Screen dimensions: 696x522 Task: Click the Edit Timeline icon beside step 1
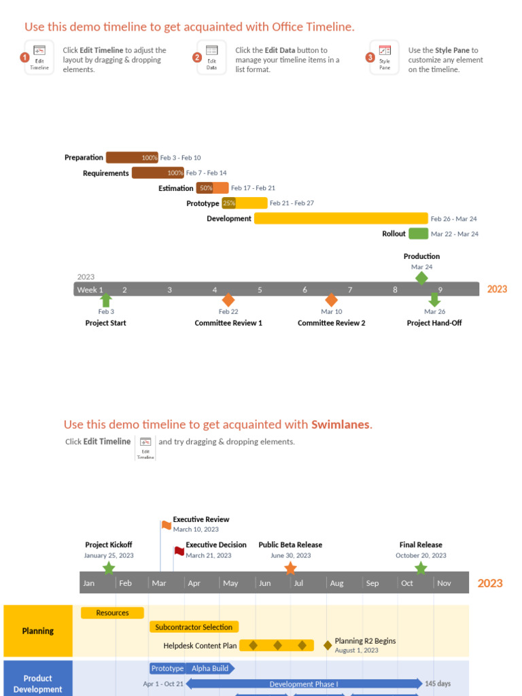pos(39,58)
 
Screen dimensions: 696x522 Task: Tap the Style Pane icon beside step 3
pos(385,58)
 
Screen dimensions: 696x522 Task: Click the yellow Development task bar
pos(341,218)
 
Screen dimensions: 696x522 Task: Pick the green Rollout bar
pos(418,234)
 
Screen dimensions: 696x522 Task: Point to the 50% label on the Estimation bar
pos(206,188)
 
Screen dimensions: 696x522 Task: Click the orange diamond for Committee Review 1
pos(228,300)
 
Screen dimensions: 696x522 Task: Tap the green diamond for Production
pos(421,277)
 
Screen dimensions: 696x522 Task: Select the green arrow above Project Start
pos(106,300)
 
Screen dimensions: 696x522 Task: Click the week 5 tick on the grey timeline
pos(260,290)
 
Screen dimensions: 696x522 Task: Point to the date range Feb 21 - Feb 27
pos(292,203)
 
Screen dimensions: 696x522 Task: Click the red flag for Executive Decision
pos(179,551)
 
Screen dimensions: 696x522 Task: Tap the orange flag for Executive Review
pos(167,525)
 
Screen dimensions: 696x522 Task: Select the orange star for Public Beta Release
pos(290,568)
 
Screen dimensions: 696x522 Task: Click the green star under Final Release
pos(421,568)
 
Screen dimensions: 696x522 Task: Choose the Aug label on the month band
pos(336,583)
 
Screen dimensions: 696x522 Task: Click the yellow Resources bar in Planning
pos(112,613)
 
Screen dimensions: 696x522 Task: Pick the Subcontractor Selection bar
pos(194,627)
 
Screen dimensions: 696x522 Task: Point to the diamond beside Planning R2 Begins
pos(328,645)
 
